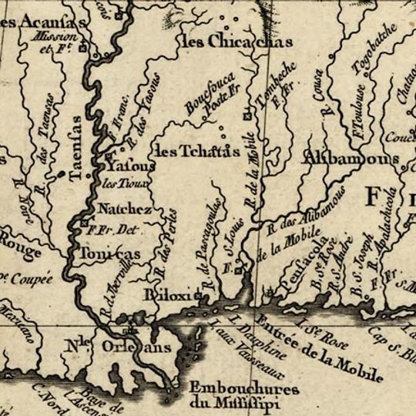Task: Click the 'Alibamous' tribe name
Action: pyautogui.click(x=350, y=159)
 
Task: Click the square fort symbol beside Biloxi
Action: pyautogui.click(x=198, y=296)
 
